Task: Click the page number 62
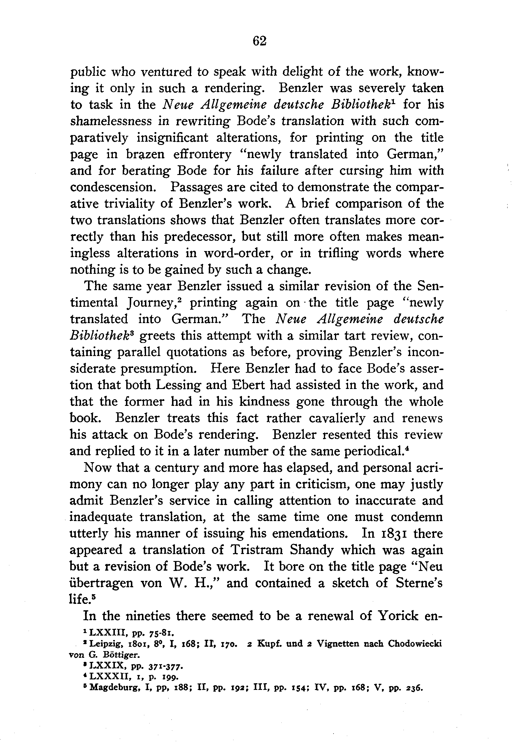[x=260, y=41]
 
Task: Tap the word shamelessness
[x=110, y=121]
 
